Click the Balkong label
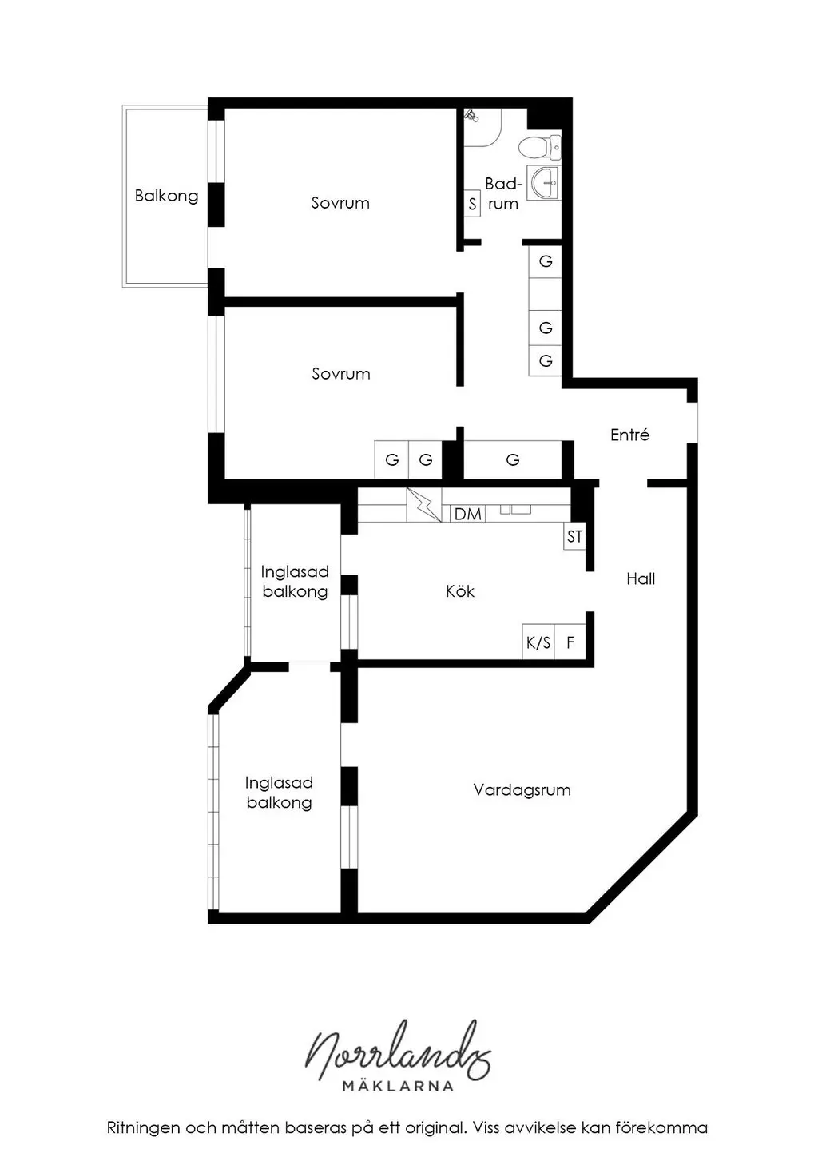[166, 196]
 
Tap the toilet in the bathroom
[539, 147]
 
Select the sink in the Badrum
[544, 182]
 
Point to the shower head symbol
[471, 116]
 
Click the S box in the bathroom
[472, 204]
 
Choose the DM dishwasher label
[468, 514]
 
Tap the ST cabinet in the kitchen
[574, 536]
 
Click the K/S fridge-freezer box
[538, 642]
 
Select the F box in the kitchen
[570, 642]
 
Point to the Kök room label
[459, 591]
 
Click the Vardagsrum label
[522, 789]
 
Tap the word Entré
[629, 435]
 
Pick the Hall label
[641, 578]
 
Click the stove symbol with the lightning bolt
[424, 505]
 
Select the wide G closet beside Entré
[513, 459]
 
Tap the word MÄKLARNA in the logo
[398, 1085]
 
